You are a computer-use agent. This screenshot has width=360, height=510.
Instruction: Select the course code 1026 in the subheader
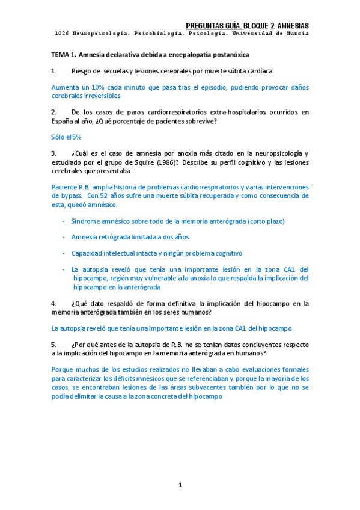(x=60, y=34)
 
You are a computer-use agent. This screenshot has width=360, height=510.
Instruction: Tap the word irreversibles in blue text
(x=96, y=96)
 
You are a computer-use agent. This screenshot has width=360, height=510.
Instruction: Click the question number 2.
(x=53, y=112)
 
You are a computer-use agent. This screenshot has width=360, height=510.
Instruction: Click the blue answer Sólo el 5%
(x=66, y=137)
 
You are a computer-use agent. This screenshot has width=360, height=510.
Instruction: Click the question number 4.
(x=53, y=304)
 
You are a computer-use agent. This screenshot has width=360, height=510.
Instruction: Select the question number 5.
(x=53, y=345)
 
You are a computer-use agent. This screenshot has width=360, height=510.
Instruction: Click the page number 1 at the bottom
(x=180, y=485)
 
